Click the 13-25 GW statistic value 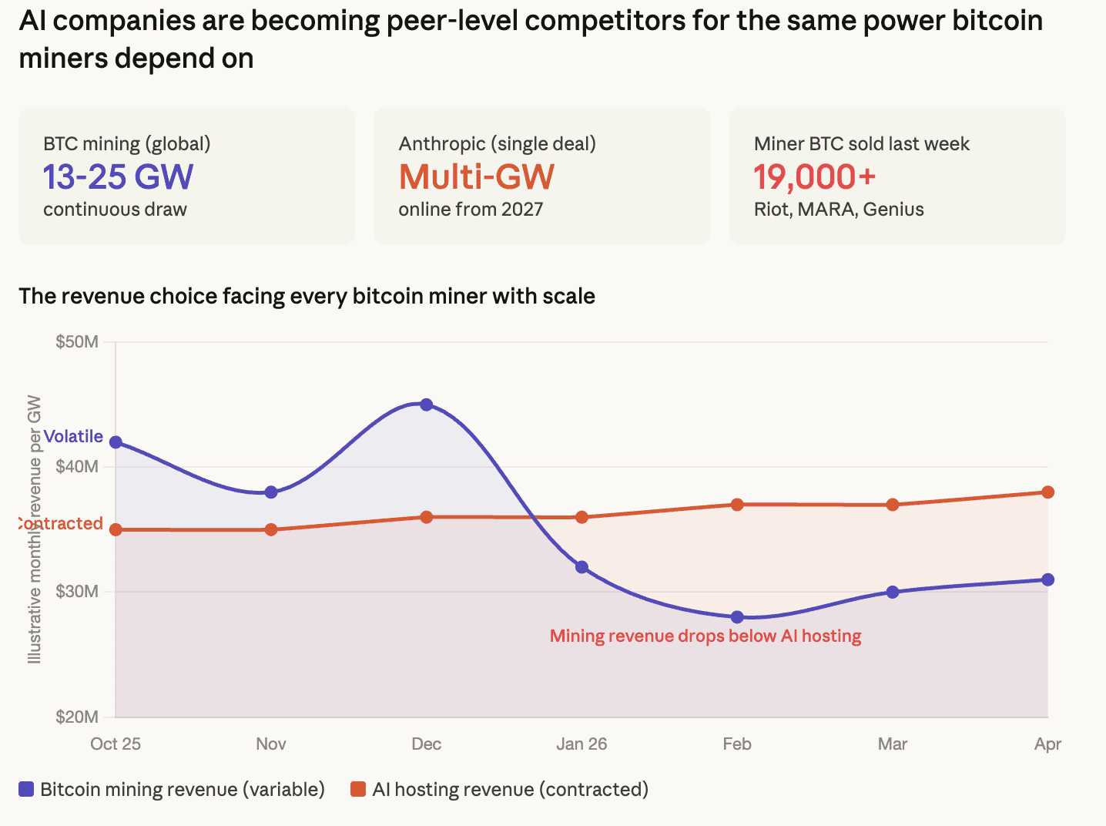pyautogui.click(x=118, y=177)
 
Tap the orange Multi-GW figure pyautogui.click(x=476, y=177)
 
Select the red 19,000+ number pyautogui.click(x=814, y=177)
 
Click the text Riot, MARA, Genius pyautogui.click(x=839, y=210)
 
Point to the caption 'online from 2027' pyautogui.click(x=471, y=210)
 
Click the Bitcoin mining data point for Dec pyautogui.click(x=426, y=405)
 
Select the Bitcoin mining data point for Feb pyautogui.click(x=737, y=617)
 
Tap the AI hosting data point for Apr pyautogui.click(x=1047, y=492)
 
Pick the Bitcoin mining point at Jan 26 pyautogui.click(x=581, y=567)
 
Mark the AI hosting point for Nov pyautogui.click(x=271, y=529)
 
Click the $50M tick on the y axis pyautogui.click(x=77, y=342)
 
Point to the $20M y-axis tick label pyautogui.click(x=77, y=717)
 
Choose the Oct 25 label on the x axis pyautogui.click(x=116, y=744)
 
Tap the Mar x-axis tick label pyautogui.click(x=893, y=744)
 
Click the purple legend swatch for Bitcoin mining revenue pyautogui.click(x=26, y=790)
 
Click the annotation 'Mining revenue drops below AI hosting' pyautogui.click(x=705, y=636)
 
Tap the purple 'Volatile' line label pyautogui.click(x=73, y=437)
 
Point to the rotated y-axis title pyautogui.click(x=35, y=529)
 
